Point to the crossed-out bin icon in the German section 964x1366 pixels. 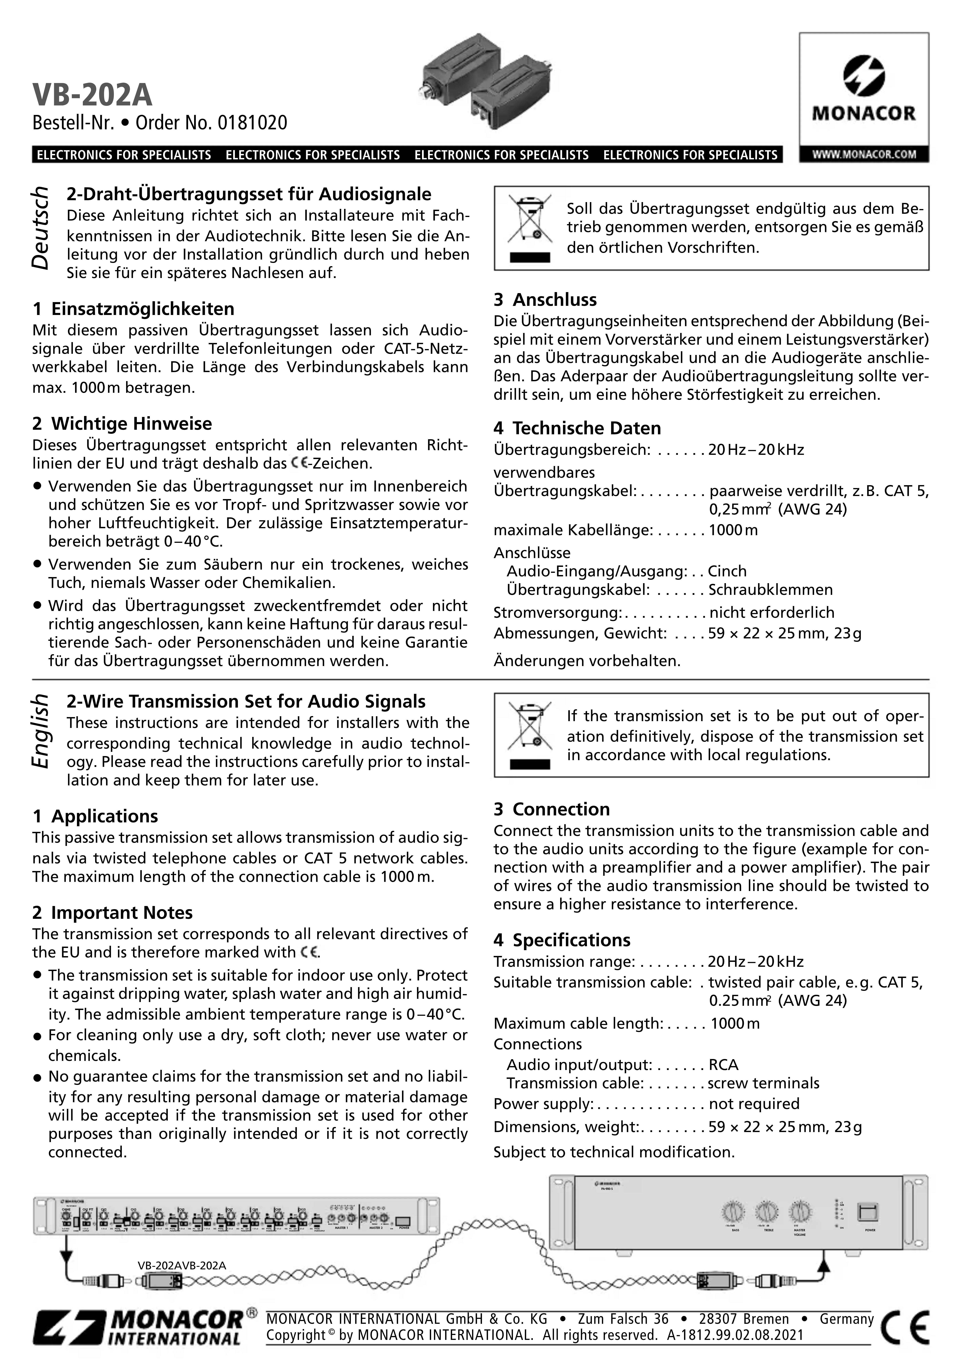(x=529, y=227)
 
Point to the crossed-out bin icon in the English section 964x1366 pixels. (x=529, y=734)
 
